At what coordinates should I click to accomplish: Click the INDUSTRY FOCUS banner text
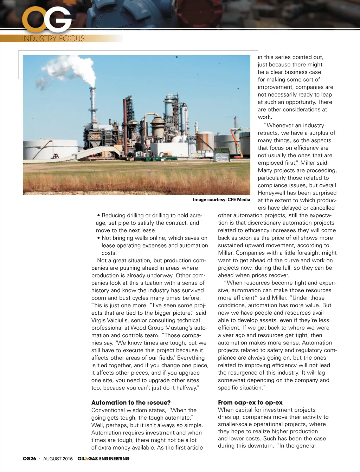coord(53,38)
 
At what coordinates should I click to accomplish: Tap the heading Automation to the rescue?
coord(131,402)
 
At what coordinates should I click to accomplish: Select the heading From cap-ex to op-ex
coord(250,402)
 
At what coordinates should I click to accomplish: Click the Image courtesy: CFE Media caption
coord(221,200)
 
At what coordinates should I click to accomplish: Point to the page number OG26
coord(30,459)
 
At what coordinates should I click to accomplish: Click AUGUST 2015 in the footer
coord(58,459)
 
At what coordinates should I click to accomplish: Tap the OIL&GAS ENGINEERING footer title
coord(103,459)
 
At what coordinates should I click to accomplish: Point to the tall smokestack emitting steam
coord(92,105)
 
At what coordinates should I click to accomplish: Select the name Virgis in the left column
coord(99,320)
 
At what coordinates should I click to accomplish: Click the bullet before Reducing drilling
coord(99,216)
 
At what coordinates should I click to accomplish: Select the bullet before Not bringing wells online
coord(99,238)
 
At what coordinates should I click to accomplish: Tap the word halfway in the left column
coord(187,388)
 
